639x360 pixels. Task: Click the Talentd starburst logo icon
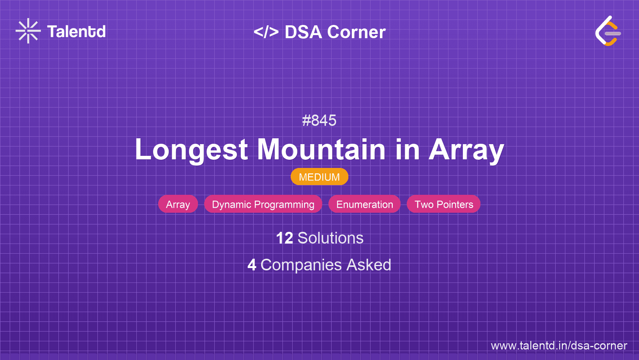pos(28,31)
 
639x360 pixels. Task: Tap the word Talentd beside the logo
pos(76,32)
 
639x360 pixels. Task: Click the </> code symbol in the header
pos(266,32)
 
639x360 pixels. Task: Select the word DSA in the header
pos(303,32)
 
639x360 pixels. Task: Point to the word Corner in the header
pos(356,32)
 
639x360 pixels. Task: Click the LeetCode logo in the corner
pos(608,31)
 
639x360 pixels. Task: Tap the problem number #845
pos(319,120)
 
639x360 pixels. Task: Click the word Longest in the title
pos(191,150)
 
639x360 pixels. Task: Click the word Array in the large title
pos(466,150)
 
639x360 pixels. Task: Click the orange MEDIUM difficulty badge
pos(319,177)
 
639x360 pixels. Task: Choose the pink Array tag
pos(178,204)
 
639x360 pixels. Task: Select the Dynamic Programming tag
pos(263,204)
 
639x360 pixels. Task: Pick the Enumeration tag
pos(364,204)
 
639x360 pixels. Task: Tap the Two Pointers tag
pos(443,204)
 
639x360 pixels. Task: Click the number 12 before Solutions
pos(284,238)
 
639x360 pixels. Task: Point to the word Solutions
pos(330,238)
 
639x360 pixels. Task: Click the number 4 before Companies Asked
pos(252,265)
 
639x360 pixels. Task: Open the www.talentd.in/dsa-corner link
pos(559,346)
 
